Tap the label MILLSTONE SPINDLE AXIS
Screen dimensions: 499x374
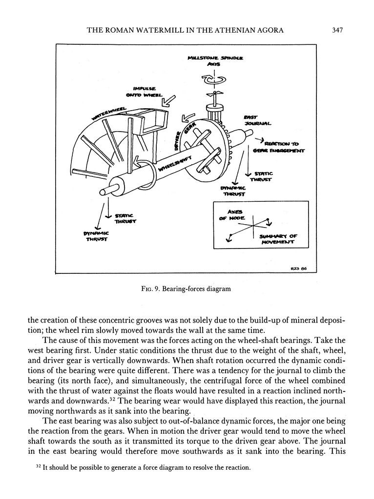click(x=215, y=60)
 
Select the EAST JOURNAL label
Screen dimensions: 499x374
click(x=254, y=121)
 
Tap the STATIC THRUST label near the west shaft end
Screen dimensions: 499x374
click(x=125, y=218)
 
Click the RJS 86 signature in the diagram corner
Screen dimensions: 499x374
click(x=298, y=268)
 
